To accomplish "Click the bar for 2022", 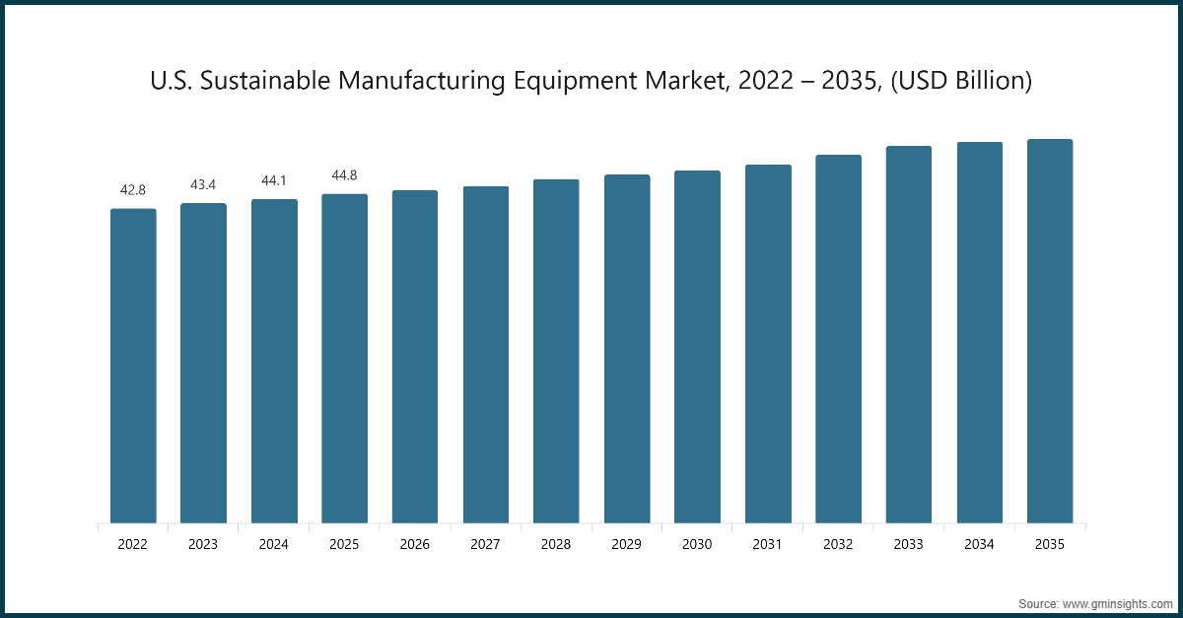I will coord(133,365).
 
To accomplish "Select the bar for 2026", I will coord(415,356).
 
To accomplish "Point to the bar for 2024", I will coord(274,361).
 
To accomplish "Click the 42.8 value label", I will coord(133,189).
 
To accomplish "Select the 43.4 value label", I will coord(203,184).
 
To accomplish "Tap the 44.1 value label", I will coord(274,180).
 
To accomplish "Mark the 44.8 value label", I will coord(344,175).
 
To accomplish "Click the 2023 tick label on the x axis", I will coord(203,543).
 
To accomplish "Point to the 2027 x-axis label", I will coord(485,543).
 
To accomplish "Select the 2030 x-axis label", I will coord(697,543).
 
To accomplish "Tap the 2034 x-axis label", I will coord(979,543).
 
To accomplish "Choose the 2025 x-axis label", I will coord(344,543).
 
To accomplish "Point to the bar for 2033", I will coord(908,334).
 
